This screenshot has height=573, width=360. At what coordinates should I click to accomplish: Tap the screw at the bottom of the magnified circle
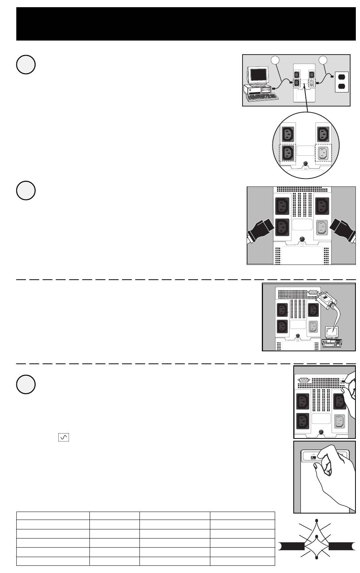(306, 164)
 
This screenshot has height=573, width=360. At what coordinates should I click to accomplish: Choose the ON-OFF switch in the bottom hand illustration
(314, 457)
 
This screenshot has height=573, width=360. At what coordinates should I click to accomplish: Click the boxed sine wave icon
(64, 438)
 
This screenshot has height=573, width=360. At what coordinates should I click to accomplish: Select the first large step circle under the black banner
(26, 64)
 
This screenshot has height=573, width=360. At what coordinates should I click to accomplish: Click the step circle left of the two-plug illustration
(26, 190)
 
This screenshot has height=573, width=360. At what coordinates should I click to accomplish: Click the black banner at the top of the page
(186, 24)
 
